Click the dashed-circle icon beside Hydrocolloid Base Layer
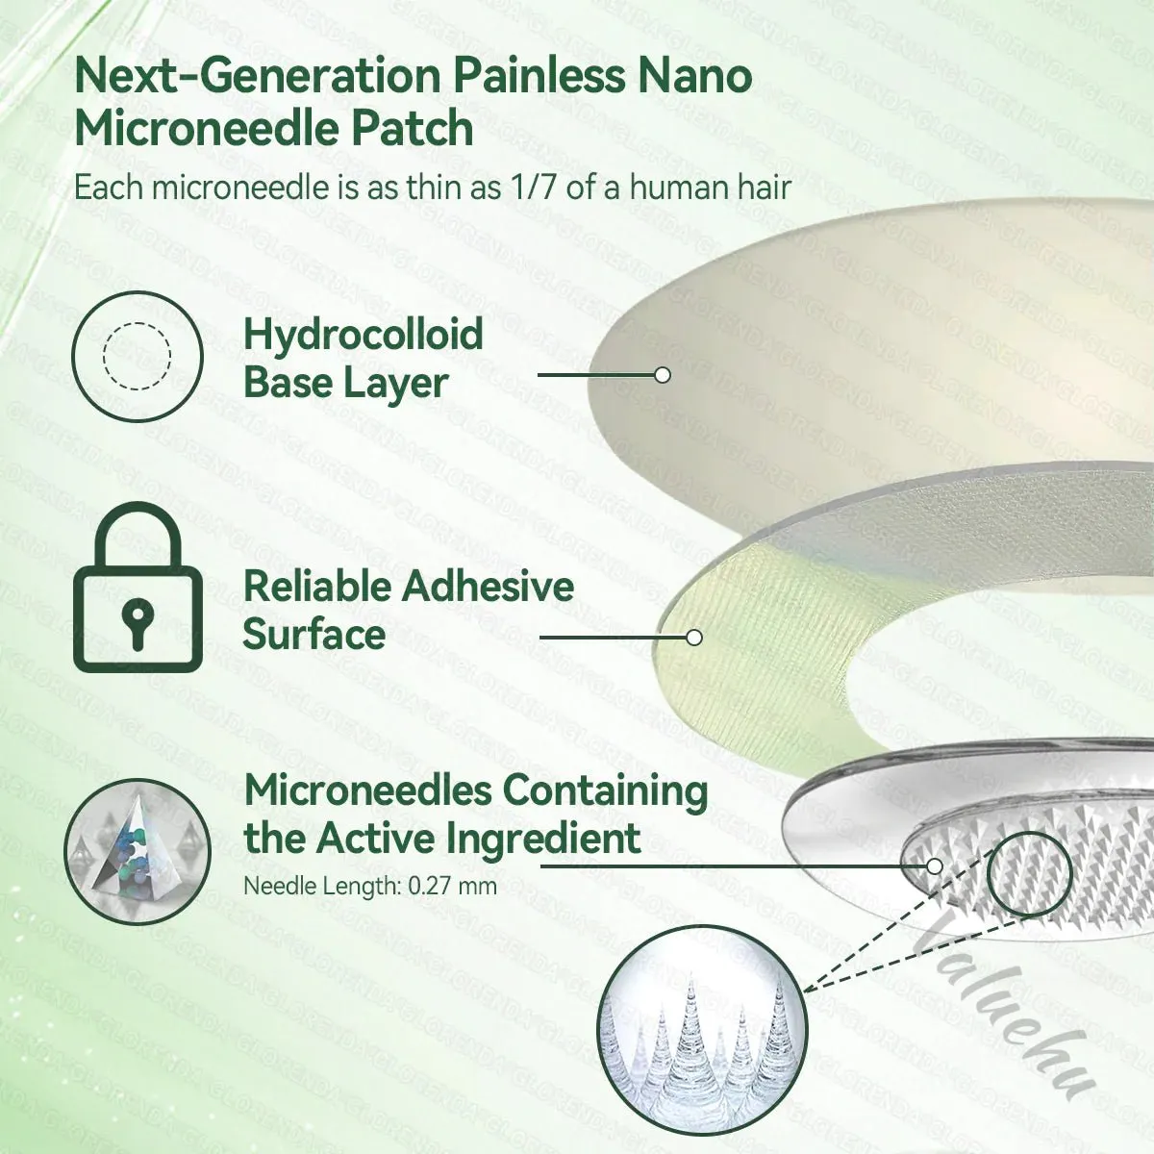pos(138,357)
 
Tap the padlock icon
pos(138,587)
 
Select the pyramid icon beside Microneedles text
pos(138,851)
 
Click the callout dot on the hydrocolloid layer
pos(663,375)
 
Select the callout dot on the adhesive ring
pos(694,638)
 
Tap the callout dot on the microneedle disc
pos(934,865)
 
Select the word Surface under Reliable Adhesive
pos(314,634)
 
